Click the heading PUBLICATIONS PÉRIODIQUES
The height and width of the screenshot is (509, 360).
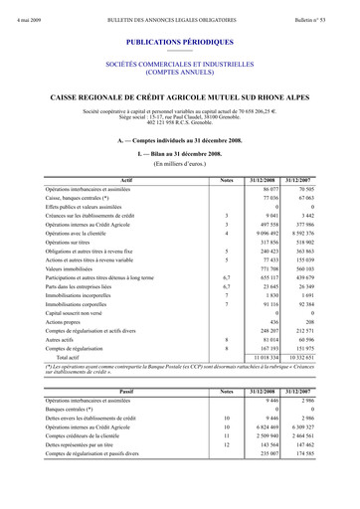coord(180,45)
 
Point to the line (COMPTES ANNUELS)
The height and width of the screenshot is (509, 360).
coord(180,73)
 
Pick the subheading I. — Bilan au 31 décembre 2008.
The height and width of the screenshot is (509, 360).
coord(180,154)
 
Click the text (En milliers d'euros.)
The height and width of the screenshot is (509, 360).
coord(180,164)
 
